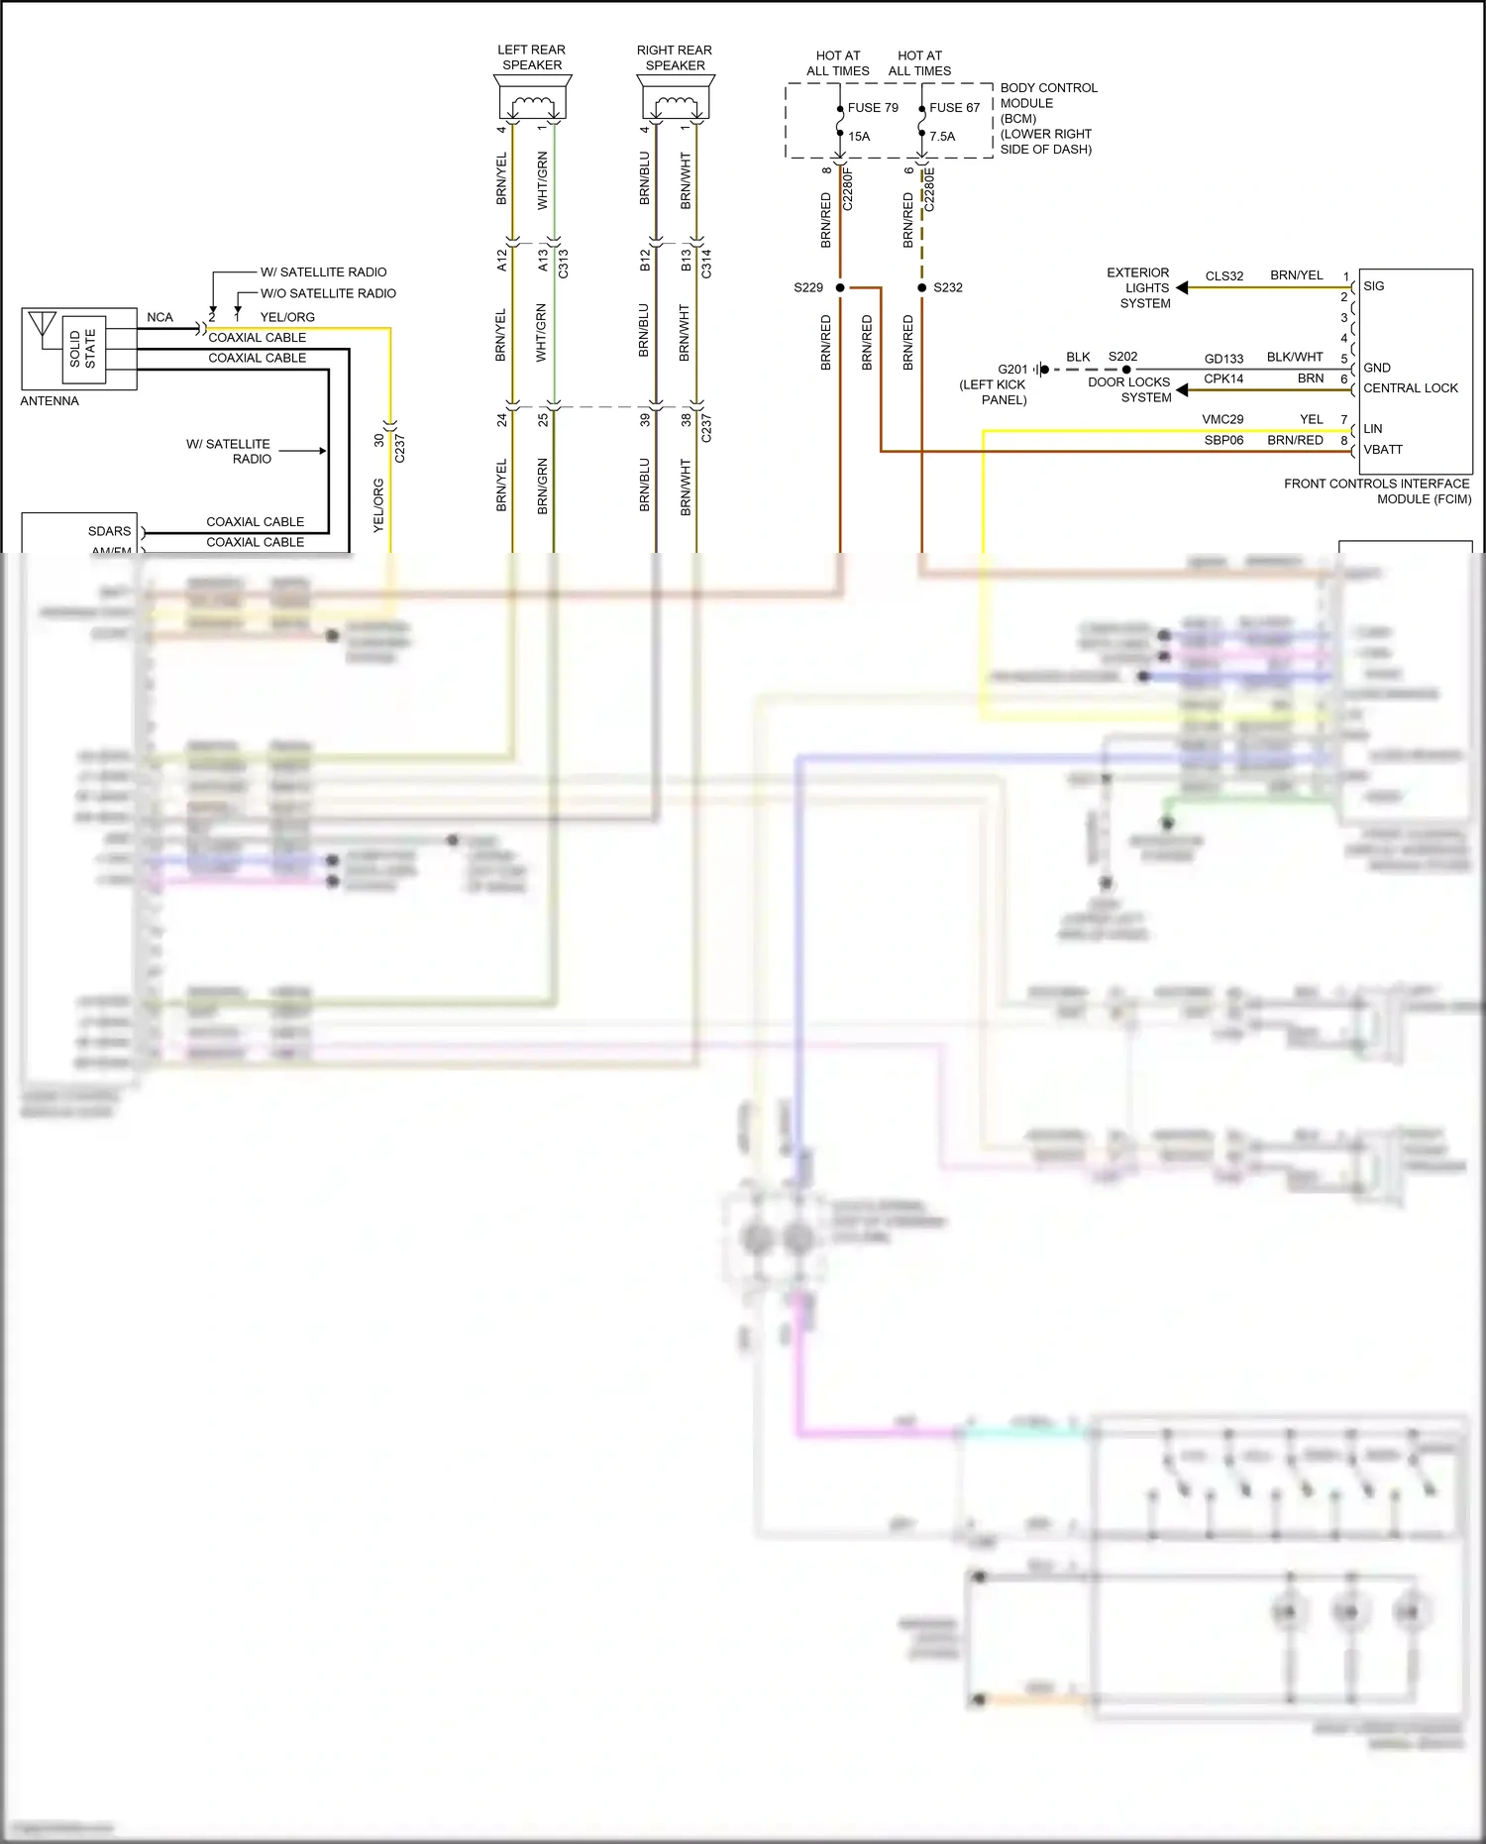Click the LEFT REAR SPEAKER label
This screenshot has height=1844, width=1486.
click(532, 57)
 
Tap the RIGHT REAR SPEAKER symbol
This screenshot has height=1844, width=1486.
click(676, 100)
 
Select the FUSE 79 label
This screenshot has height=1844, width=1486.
click(873, 108)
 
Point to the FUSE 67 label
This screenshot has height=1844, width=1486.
click(954, 108)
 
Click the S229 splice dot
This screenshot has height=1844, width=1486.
click(840, 287)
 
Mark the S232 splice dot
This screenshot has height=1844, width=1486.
click(922, 287)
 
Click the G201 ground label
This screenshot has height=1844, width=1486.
click(1012, 370)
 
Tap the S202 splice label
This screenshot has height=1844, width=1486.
click(1122, 357)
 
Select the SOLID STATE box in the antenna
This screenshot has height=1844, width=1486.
click(83, 349)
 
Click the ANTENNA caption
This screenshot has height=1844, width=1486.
click(50, 401)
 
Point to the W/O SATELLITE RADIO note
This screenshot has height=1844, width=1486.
click(328, 293)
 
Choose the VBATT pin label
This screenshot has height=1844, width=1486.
click(1383, 450)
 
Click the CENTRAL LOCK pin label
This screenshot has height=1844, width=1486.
click(1411, 388)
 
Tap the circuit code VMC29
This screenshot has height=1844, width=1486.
click(1222, 420)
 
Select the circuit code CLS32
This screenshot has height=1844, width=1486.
click(1224, 276)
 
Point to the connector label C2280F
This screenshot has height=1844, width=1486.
click(848, 188)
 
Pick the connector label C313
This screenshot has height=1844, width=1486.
click(564, 264)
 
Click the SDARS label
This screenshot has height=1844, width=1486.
click(109, 531)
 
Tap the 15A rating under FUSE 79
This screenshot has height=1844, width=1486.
click(859, 137)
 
